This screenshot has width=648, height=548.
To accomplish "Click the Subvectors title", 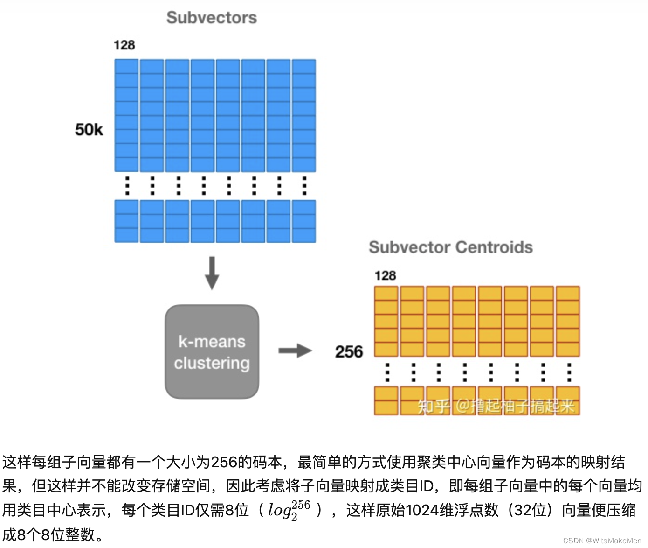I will point(212,18).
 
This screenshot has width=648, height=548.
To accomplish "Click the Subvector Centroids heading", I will point(450,247).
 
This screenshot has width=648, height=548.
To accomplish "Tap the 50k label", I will point(89,129).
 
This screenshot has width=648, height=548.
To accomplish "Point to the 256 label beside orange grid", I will point(349,351).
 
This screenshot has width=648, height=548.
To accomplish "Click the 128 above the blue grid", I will point(124,45).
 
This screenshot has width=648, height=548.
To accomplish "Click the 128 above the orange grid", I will point(385,275).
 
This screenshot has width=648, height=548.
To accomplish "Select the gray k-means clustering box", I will point(212,351).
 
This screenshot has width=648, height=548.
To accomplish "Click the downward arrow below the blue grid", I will point(212,273).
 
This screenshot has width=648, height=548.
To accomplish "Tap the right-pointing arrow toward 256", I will point(295,351).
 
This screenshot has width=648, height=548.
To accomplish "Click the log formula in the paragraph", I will point(289,510).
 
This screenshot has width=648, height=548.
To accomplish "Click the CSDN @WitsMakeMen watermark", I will point(602,541).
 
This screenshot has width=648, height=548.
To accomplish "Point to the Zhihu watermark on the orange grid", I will point(495,406).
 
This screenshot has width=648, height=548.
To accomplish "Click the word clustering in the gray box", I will point(212,363).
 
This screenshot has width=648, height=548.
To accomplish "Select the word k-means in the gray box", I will point(212,342).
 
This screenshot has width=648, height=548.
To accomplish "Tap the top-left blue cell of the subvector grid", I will point(126,66).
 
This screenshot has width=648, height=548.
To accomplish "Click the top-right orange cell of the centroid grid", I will point(567,293).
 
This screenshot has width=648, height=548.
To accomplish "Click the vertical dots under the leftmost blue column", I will point(127,186).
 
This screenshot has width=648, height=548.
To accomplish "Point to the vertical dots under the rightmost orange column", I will point(569,372).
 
